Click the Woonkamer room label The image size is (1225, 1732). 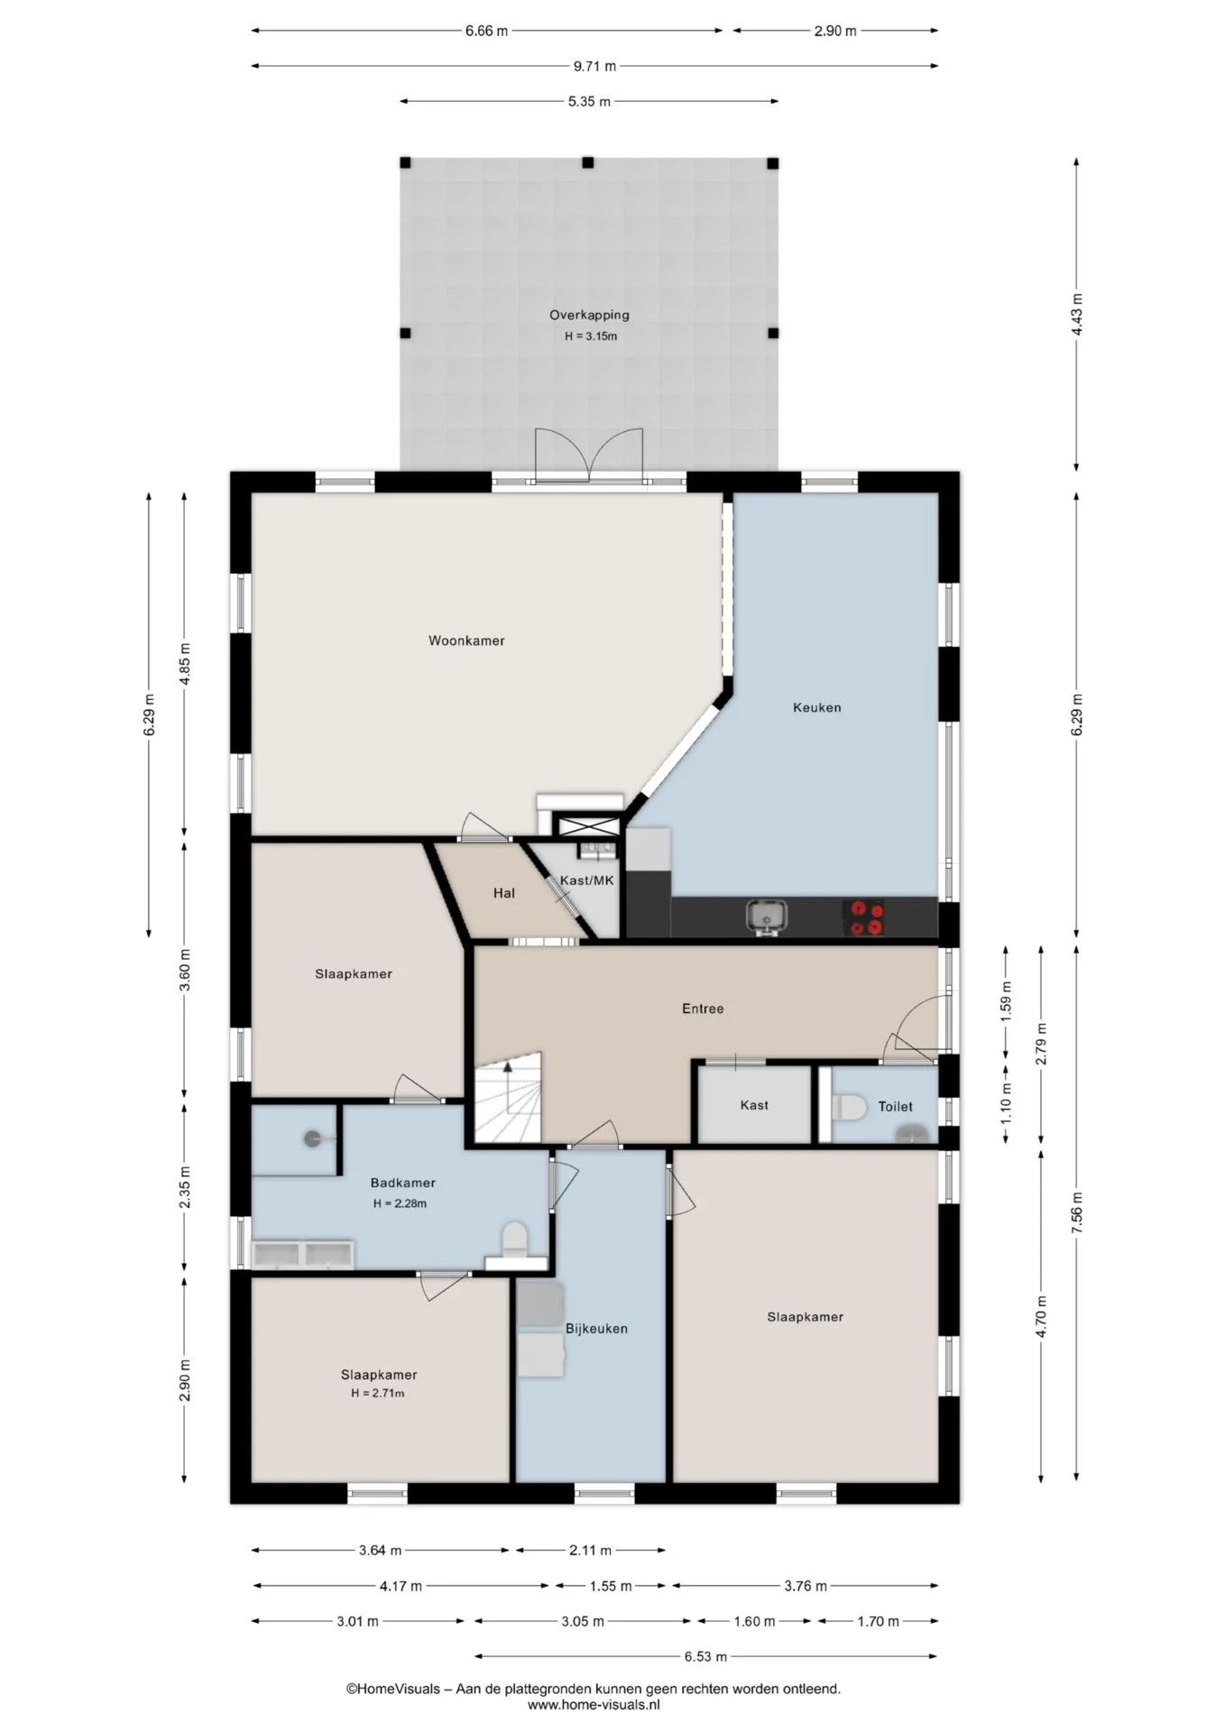466,640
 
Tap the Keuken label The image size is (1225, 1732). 816,707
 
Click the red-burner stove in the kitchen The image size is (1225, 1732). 863,917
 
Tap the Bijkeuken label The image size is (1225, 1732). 596,1328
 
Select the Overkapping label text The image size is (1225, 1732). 589,315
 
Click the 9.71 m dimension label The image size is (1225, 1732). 594,66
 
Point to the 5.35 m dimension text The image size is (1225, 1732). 588,102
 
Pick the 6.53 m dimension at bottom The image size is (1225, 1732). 705,1656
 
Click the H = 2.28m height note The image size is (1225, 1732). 400,1203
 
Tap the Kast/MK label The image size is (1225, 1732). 586,880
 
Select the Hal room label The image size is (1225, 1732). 504,893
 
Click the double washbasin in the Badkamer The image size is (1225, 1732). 303,1254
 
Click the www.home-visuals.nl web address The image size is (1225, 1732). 594,1705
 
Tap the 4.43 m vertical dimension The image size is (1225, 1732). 1077,315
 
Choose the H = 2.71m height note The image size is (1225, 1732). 378,1393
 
